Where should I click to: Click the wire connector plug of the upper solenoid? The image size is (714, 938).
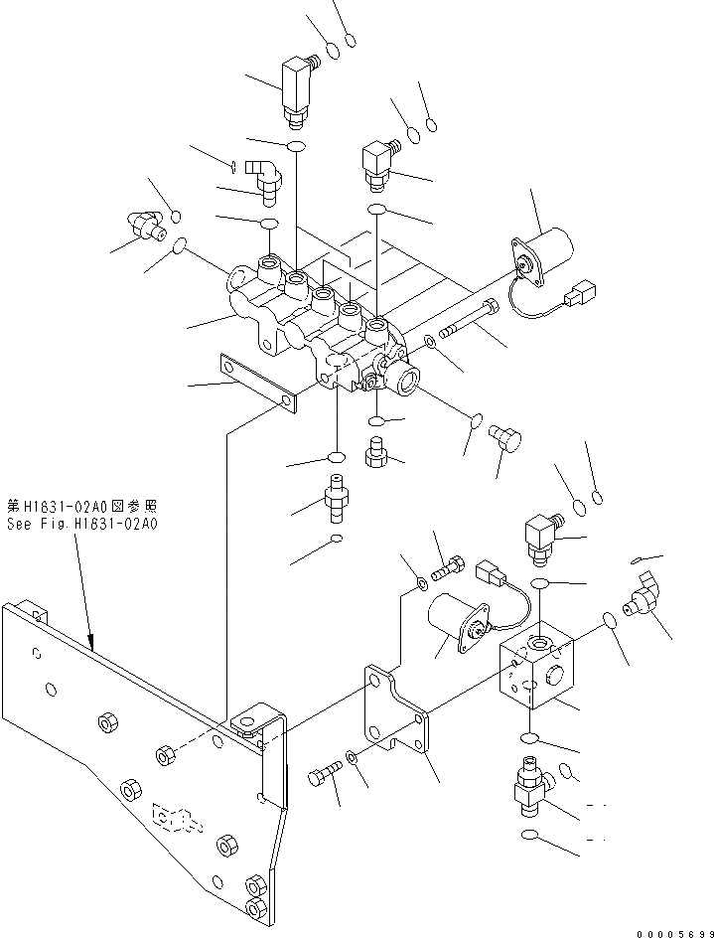pyautogui.click(x=577, y=295)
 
